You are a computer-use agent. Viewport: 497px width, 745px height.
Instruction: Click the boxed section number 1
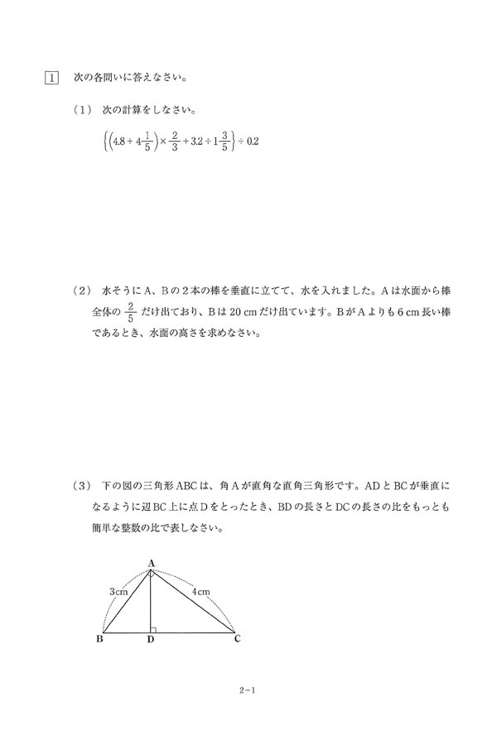pos(51,79)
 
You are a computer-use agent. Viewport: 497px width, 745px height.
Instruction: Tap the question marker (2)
pos(85,292)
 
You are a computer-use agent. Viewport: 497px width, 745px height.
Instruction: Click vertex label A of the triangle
pos(152,563)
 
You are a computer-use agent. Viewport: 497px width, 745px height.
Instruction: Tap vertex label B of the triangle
pos(100,639)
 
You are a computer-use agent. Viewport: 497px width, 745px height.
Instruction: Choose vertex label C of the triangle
pos(237,639)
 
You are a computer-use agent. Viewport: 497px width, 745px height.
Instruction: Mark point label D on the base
pos(150,640)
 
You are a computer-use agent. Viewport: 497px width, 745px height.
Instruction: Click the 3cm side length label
pos(118,592)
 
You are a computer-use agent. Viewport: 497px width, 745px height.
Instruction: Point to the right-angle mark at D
pos(154,629)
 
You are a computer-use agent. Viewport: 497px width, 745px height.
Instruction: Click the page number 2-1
pos(248,686)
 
